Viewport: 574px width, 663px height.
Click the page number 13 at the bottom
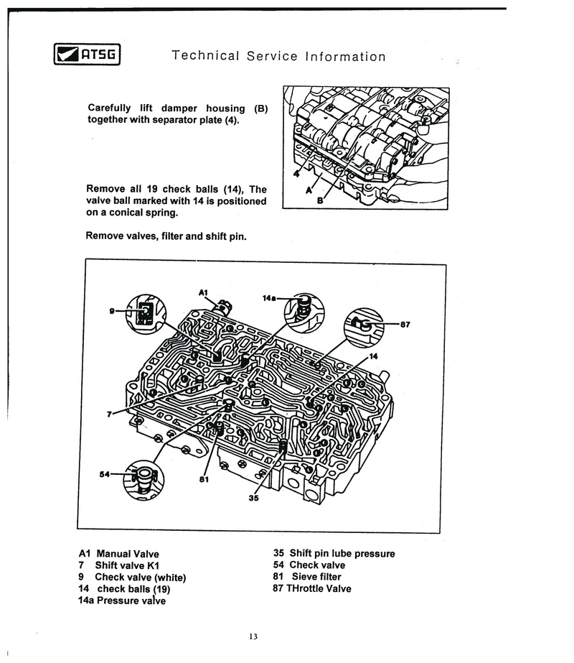pos(253,636)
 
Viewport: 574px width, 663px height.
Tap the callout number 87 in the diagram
pos(404,324)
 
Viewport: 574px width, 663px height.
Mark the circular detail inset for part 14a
pos(303,310)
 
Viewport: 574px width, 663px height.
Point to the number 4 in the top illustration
pos(296,173)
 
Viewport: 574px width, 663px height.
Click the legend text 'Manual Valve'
pos(127,554)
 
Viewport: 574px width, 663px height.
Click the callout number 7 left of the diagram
pos(110,414)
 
